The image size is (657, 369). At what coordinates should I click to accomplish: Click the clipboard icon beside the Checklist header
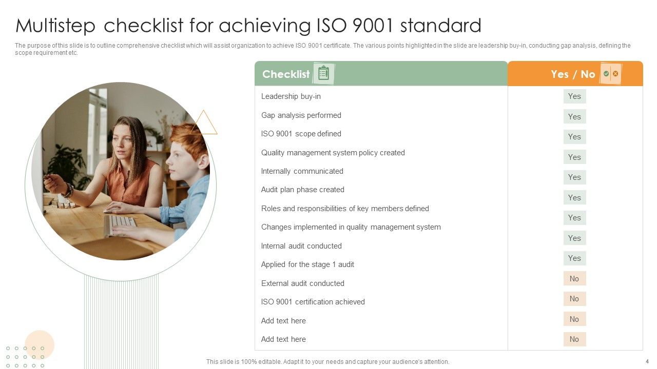[x=323, y=74]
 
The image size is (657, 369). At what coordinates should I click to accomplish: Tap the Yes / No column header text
[x=573, y=74]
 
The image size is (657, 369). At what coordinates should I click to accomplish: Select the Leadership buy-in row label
[x=291, y=96]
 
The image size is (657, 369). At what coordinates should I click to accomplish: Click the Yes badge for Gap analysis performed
[x=574, y=117]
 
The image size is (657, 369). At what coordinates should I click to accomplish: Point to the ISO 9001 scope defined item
[x=301, y=134]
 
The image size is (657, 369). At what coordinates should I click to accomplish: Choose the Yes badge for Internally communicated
[x=574, y=177]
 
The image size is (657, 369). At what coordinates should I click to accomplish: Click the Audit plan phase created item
[x=302, y=190]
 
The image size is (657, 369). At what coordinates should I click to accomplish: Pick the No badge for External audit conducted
[x=574, y=279]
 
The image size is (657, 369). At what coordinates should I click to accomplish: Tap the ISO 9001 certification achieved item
[x=313, y=302]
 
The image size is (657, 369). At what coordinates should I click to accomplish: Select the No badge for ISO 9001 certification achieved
[x=574, y=299]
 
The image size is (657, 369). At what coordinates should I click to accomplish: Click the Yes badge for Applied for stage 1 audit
[x=574, y=258]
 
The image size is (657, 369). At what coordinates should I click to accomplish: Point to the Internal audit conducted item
[x=301, y=246]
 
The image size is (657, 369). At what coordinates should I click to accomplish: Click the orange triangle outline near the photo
[x=204, y=124]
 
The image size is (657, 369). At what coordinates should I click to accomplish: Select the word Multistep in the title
[x=56, y=26]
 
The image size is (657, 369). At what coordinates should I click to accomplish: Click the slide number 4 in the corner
[x=647, y=361]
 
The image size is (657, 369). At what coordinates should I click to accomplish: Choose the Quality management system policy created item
[x=333, y=153]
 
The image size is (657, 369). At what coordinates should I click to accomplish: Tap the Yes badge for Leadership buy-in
[x=574, y=96]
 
